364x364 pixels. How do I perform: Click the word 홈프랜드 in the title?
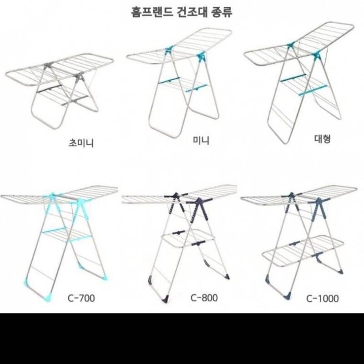click(152, 12)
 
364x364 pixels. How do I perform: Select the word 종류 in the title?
click(222, 12)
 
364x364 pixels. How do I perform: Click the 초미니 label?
click(81, 143)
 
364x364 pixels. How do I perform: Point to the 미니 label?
click(201, 141)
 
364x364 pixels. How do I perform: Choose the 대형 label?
click(322, 139)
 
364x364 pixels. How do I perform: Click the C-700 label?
click(81, 298)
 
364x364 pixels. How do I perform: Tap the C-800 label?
click(204, 298)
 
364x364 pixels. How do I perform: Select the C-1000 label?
click(323, 298)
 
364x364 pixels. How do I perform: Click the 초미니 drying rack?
click(59, 91)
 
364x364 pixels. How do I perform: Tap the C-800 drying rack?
click(179, 244)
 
